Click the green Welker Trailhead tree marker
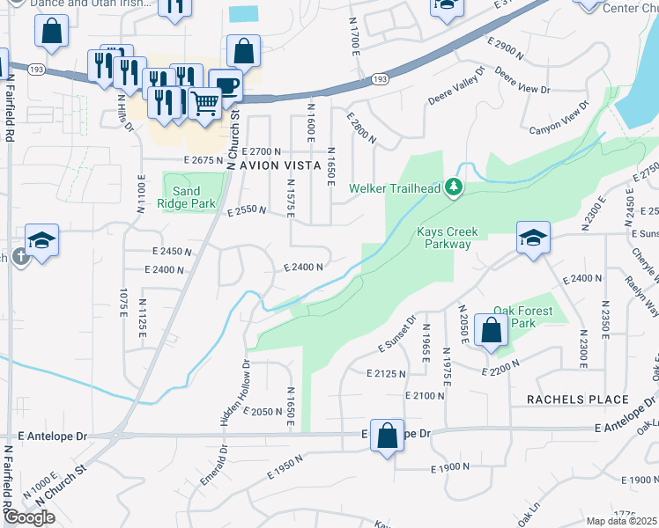(454, 187)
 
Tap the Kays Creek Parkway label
(447, 238)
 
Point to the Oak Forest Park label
(523, 317)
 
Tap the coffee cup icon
(226, 84)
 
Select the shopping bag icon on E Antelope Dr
(386, 435)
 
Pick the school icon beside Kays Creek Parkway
(532, 238)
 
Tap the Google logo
(30, 517)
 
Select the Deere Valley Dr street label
(456, 85)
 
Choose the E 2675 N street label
(205, 160)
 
